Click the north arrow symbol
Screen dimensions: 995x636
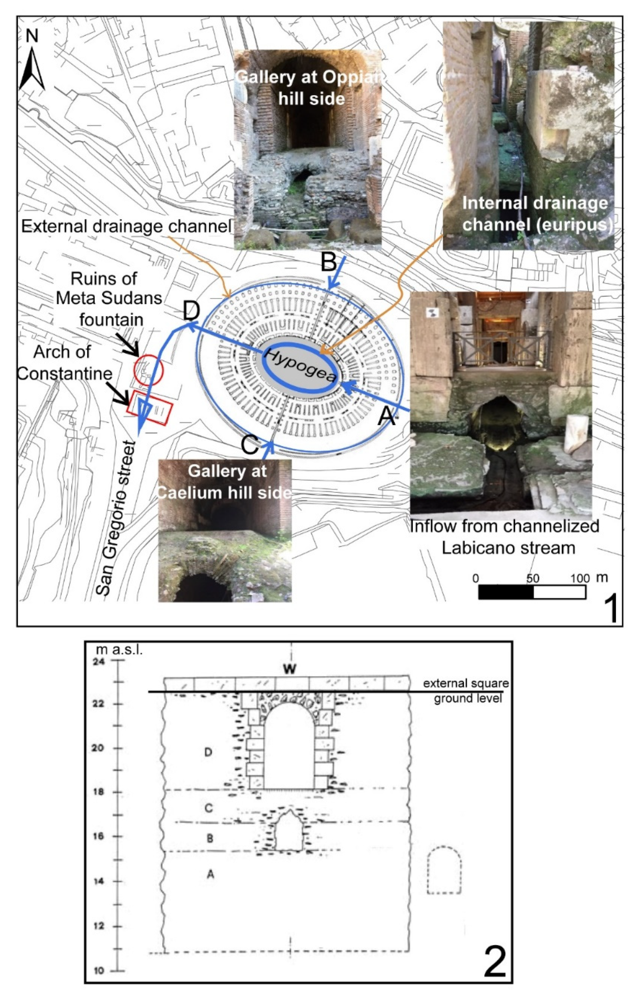point(32,68)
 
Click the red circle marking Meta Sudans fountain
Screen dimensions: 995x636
point(148,369)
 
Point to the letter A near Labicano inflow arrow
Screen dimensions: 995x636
point(386,416)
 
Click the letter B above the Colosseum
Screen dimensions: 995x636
point(329,261)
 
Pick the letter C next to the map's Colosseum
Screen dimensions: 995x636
point(249,446)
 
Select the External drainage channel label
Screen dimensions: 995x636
point(126,226)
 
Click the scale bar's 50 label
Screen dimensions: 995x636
point(533,578)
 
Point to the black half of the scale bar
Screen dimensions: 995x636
point(506,592)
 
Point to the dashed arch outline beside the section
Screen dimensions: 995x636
point(444,870)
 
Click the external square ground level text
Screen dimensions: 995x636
point(465,691)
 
